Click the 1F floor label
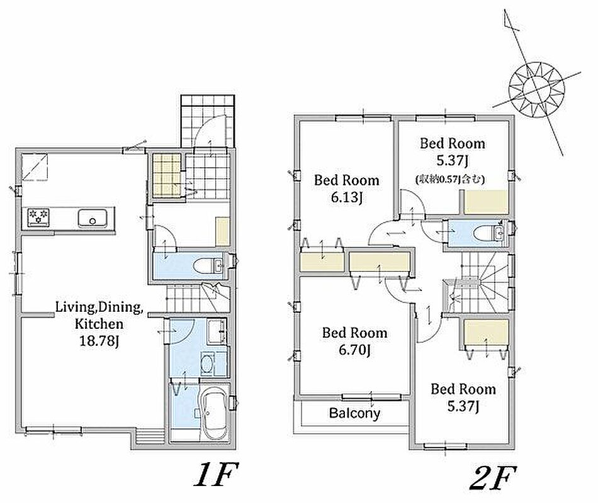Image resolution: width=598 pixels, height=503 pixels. point(215,475)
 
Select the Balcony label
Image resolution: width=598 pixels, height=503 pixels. point(354,413)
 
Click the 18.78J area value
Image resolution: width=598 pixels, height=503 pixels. point(97,341)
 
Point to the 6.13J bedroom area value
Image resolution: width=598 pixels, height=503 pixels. point(346,197)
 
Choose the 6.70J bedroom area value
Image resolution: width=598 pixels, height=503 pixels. point(354,350)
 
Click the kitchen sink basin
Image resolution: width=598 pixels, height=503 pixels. point(93,218)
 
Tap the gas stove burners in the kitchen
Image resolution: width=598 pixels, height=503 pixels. point(38,217)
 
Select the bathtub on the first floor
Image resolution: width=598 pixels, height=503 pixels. point(213,414)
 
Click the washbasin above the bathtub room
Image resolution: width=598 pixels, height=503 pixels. point(208,364)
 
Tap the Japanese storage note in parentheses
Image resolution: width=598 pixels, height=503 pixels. point(450,179)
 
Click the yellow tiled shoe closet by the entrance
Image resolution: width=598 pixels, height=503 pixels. point(167,175)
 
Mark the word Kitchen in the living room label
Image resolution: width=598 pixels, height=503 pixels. point(99,324)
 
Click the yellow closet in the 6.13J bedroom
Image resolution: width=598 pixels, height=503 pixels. point(322,262)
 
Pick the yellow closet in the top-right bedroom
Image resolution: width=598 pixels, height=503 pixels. point(486,201)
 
